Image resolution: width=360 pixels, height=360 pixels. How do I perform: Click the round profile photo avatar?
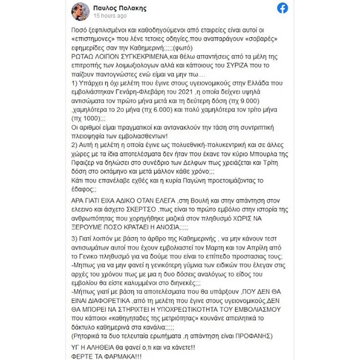[x=80, y=12]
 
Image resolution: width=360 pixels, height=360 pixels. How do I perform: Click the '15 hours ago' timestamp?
[x=110, y=16]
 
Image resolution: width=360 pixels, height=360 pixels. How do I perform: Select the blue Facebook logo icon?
[x=282, y=8]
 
